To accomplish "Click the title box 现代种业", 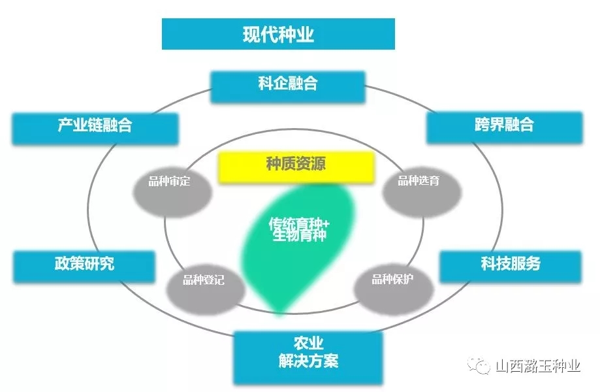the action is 278,34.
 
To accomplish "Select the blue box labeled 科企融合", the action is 288,87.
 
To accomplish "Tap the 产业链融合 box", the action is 95,129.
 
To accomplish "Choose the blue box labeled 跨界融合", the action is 504,127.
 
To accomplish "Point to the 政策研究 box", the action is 84,267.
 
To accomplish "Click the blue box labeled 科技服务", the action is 511,267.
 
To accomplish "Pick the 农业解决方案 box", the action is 308,357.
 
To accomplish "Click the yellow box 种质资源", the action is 296,167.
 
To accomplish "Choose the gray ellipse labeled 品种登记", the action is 206,289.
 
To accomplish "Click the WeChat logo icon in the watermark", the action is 479,365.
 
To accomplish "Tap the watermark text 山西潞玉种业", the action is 538,366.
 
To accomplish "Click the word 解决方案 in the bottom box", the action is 308,361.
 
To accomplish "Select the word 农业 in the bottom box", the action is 308,344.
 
